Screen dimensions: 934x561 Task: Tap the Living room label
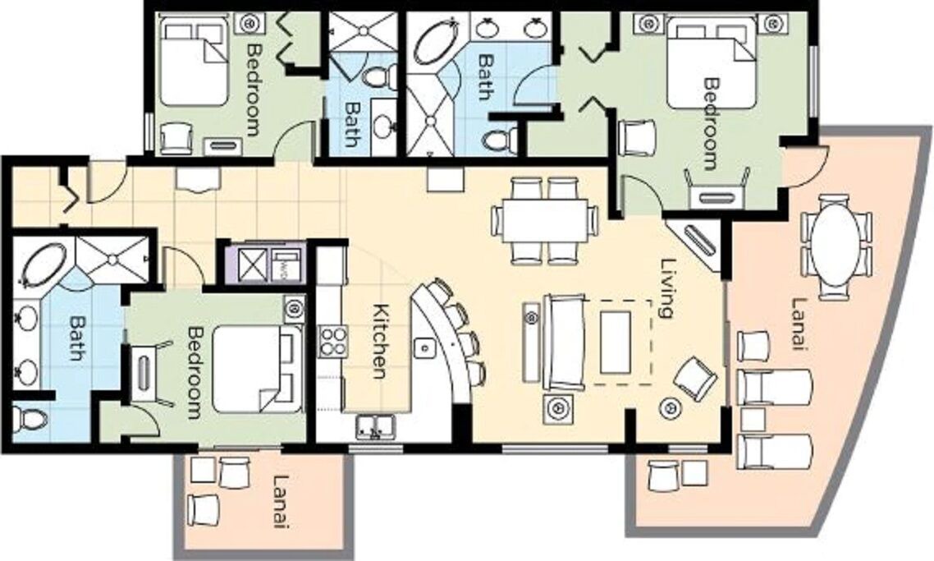point(669,288)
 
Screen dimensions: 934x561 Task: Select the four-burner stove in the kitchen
point(333,342)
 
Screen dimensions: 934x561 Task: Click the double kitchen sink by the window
point(375,427)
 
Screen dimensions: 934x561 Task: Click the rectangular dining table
point(545,221)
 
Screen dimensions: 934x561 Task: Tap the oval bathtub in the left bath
point(43,263)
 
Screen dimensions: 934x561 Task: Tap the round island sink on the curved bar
point(425,347)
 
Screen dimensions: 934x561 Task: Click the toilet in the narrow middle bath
point(380,76)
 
